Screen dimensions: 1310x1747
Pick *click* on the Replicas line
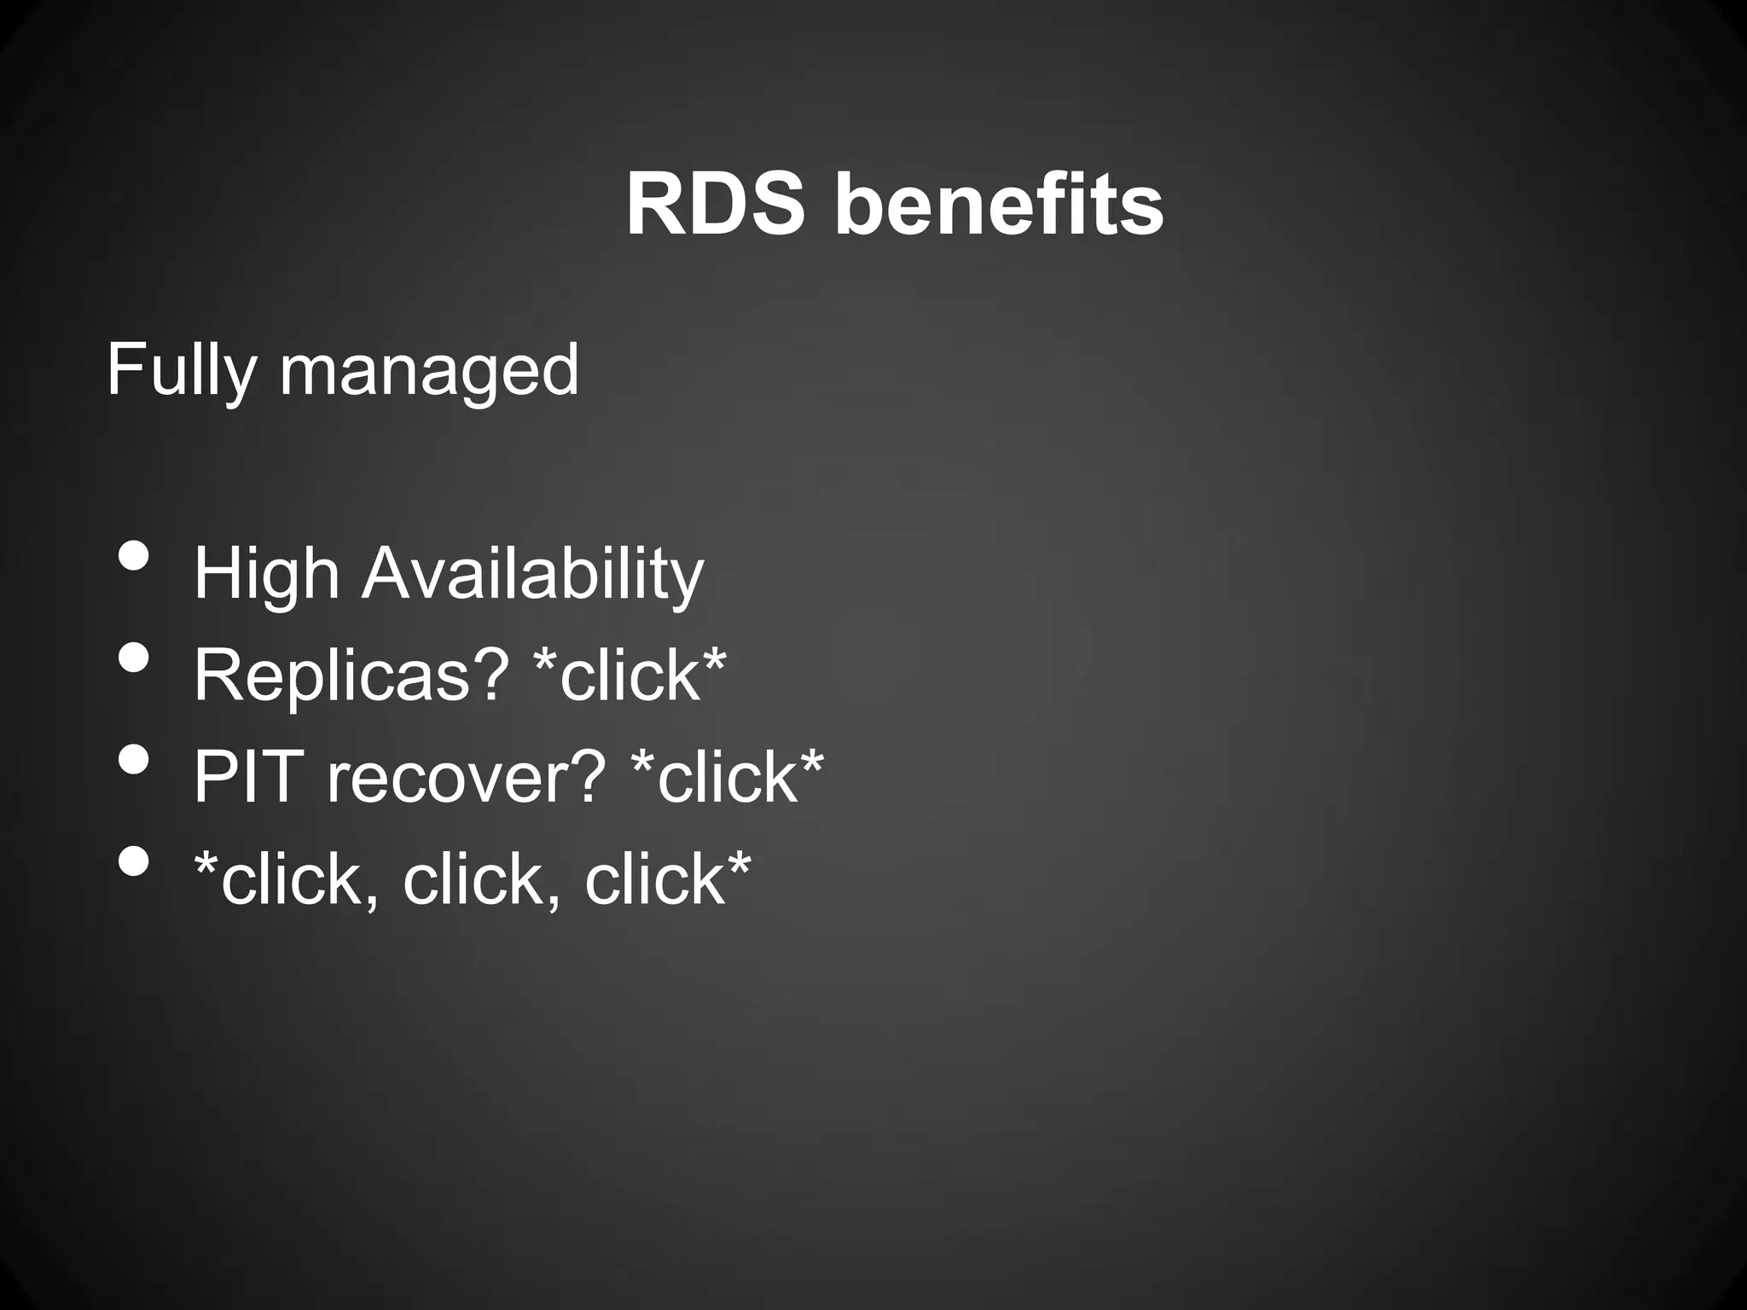coord(630,674)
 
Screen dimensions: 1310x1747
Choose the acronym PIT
coord(248,776)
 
